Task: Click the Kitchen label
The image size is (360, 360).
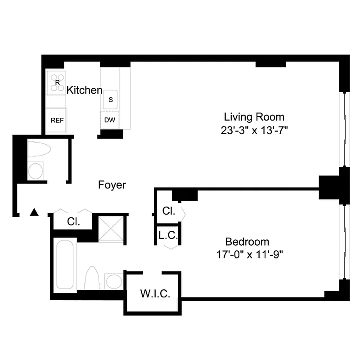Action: click(84, 90)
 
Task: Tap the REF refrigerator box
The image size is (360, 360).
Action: click(57, 121)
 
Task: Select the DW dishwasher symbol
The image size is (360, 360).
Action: click(109, 120)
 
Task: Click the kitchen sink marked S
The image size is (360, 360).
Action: click(110, 99)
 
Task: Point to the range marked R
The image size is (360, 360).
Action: click(57, 82)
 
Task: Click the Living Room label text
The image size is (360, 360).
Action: click(254, 117)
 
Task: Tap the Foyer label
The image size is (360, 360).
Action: click(112, 184)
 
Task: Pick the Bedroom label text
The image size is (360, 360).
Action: click(247, 241)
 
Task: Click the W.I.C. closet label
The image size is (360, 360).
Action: click(155, 294)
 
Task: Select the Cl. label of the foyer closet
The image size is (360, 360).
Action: click(73, 221)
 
